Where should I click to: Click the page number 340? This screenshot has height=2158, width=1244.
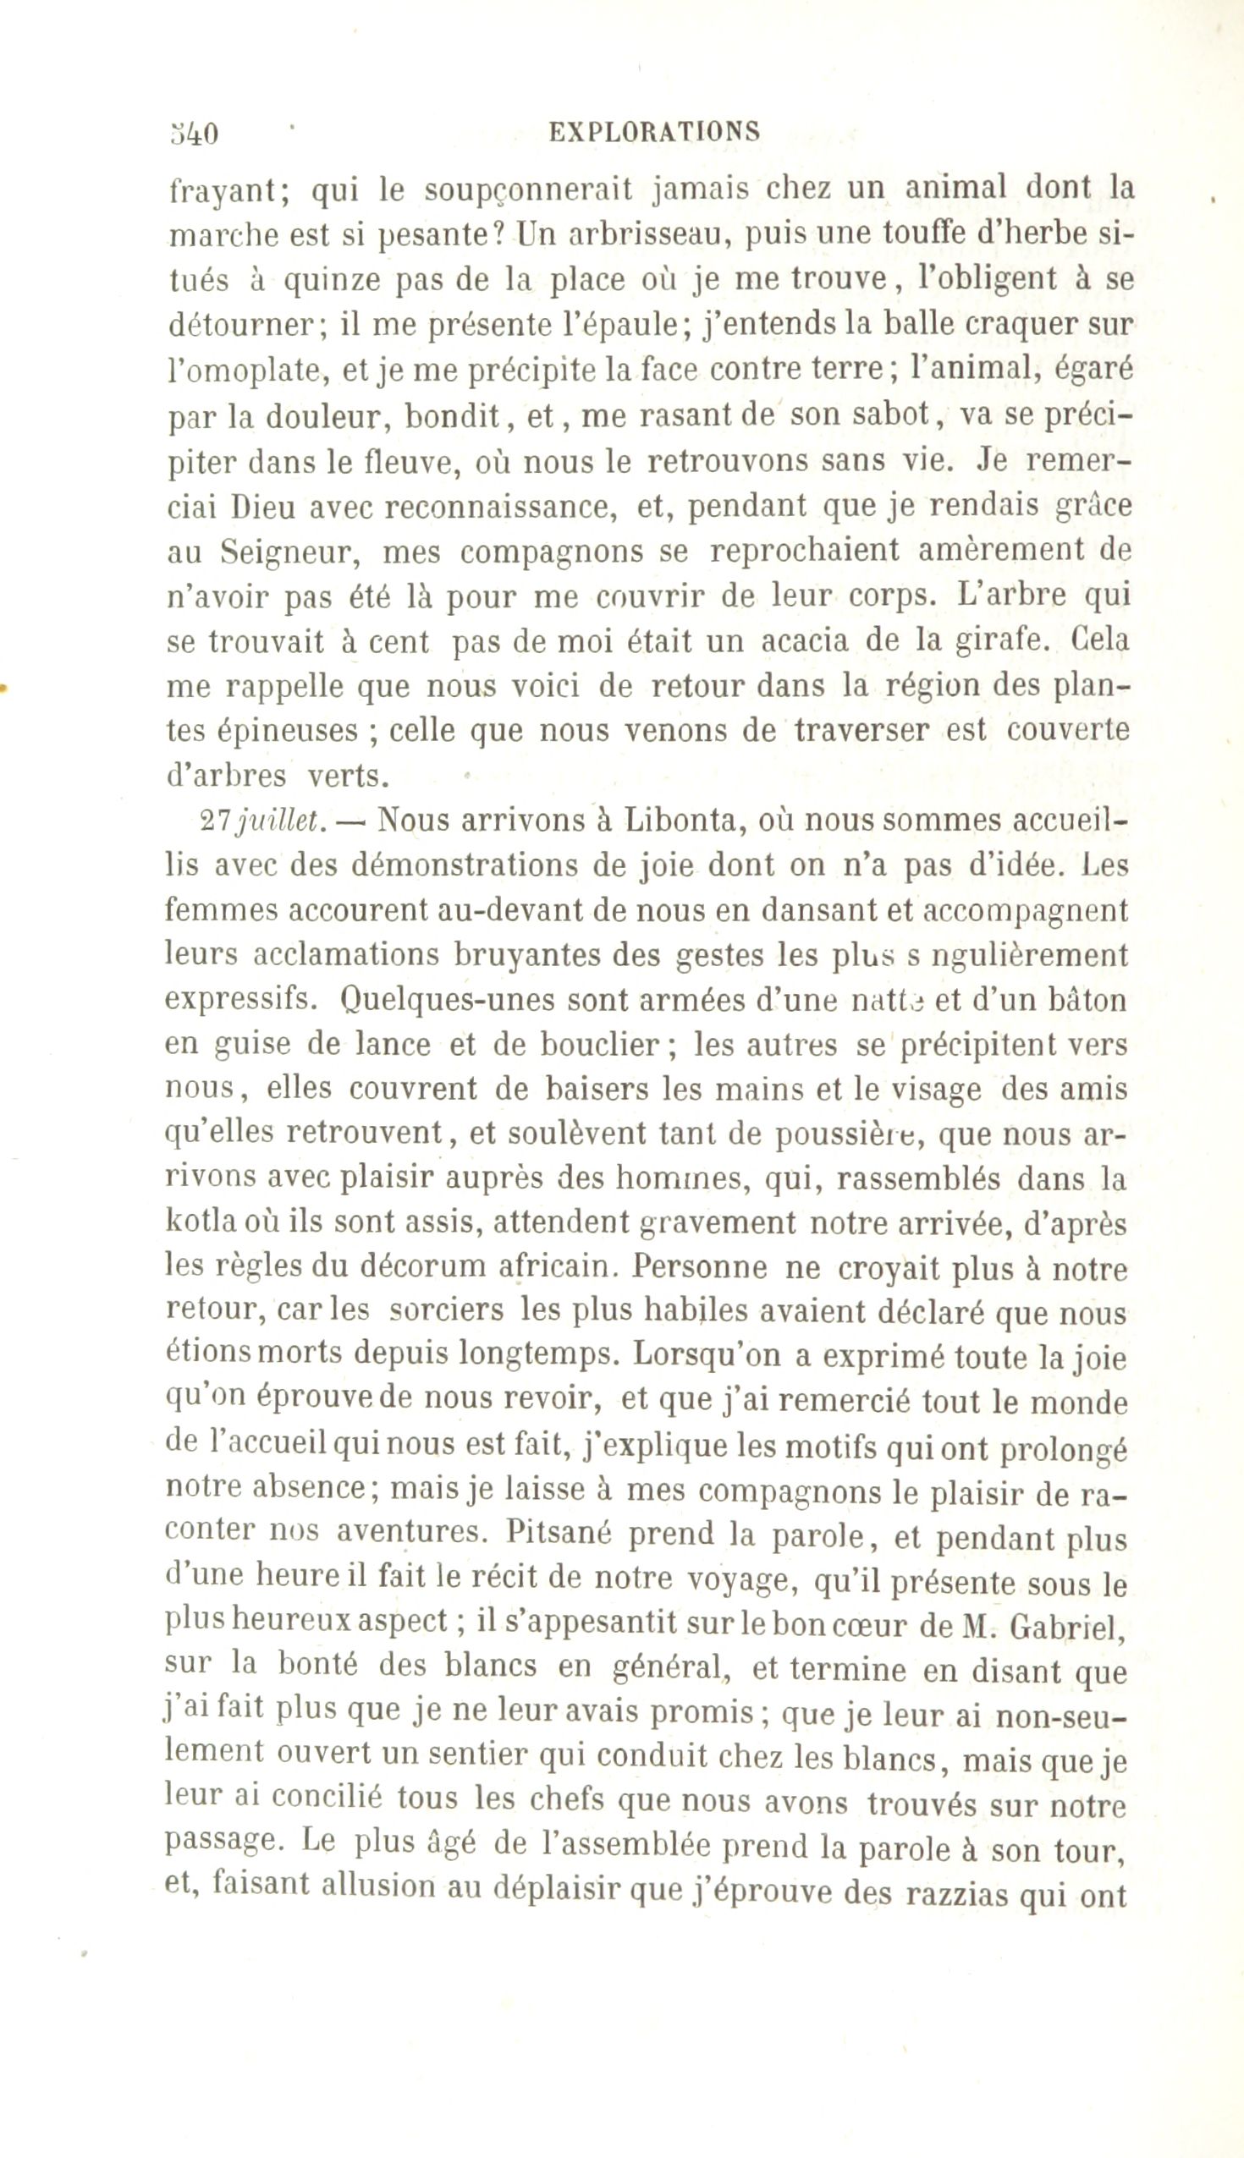pos(194,134)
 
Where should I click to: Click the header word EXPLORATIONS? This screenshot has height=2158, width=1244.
pos(653,131)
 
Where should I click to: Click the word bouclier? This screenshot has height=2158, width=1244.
pos(596,1046)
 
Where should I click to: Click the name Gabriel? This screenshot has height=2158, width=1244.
pos(1063,1628)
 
